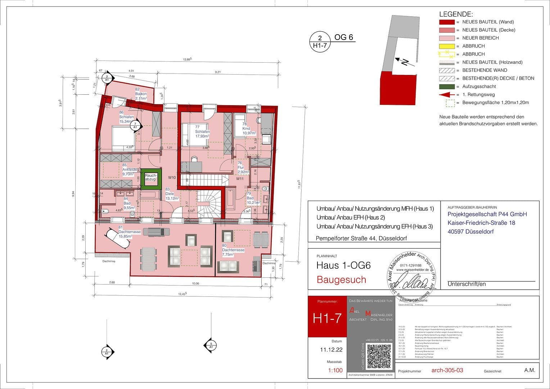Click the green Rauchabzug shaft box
point(150,179)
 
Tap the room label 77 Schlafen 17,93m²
point(202,131)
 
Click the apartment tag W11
point(240,179)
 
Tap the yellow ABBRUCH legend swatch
point(447,46)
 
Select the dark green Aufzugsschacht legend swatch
point(447,86)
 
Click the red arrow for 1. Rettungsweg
point(447,95)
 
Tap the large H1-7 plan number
point(327,318)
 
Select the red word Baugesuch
point(341,280)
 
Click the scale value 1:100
point(335,370)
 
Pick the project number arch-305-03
point(447,370)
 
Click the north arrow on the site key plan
point(403,62)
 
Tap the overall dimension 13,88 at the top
point(187,59)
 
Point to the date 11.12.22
point(331,350)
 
